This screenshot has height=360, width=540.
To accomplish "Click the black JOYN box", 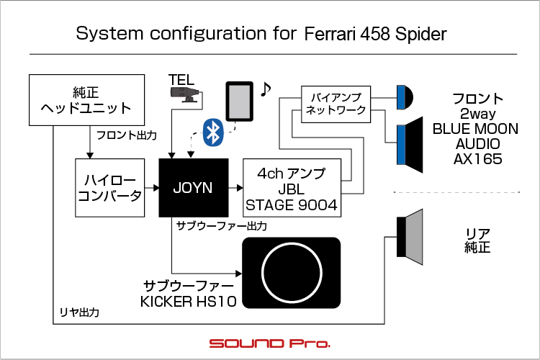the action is click(x=194, y=188).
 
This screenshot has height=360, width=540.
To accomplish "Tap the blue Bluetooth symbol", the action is click(x=213, y=132).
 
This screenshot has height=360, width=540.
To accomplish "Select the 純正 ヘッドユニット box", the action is click(x=87, y=100).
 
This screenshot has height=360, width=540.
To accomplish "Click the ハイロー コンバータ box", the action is click(x=110, y=188).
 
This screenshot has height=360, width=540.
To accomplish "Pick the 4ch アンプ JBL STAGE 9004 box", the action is click(x=292, y=188).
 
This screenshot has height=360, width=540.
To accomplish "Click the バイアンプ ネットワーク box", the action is click(x=336, y=104).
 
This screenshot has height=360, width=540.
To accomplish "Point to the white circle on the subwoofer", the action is click(x=292, y=272).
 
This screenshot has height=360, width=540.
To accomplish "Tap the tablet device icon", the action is click(x=239, y=102).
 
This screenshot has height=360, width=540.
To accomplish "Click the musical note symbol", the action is click(x=265, y=89).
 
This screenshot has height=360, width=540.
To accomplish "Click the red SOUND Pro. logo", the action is click(x=270, y=343).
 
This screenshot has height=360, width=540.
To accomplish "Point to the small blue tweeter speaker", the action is click(x=405, y=97).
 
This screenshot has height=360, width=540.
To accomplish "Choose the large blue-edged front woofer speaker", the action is click(x=410, y=145).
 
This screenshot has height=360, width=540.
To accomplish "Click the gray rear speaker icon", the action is click(x=410, y=237).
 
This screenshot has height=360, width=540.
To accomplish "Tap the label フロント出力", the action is click(x=127, y=135).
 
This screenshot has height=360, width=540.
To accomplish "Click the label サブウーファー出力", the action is click(x=222, y=226).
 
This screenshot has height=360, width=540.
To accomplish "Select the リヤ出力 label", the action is click(x=79, y=312).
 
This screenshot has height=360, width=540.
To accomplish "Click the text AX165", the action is click(x=477, y=159).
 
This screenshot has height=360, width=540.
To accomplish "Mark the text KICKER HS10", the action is click(x=189, y=302).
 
